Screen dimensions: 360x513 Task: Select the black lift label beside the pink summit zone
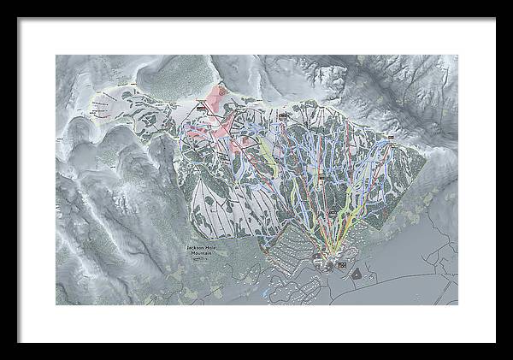[x=202, y=108]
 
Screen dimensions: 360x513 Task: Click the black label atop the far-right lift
[x=390, y=137]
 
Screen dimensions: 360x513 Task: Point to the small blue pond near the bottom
[x=267, y=293]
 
